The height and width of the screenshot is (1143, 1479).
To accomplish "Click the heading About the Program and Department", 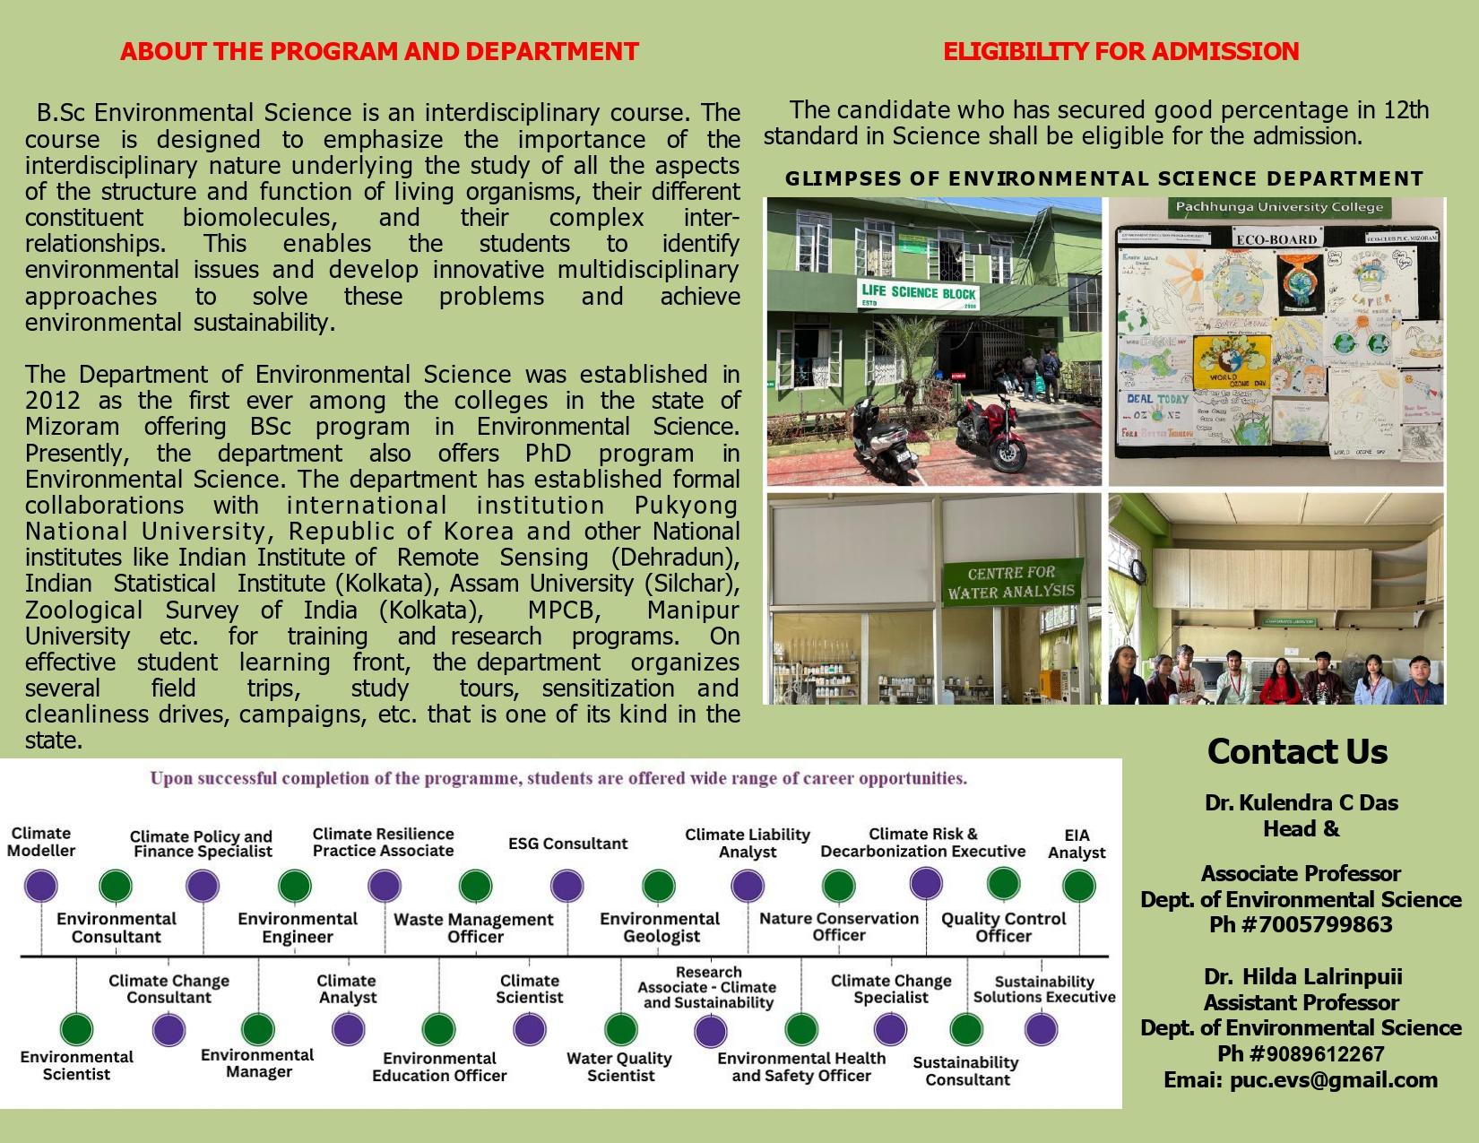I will (379, 51).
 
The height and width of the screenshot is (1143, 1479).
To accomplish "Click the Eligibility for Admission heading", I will (1120, 51).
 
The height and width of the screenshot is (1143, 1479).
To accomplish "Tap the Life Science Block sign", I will (918, 295).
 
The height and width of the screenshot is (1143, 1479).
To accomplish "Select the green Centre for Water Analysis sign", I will (1011, 582).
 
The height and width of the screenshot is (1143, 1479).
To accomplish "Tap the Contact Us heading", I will (1297, 751).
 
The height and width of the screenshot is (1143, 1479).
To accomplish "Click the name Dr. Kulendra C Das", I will (1302, 802).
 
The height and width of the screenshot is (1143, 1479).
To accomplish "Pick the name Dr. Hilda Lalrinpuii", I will (1302, 976).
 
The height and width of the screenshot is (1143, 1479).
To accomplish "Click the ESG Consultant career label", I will (567, 844).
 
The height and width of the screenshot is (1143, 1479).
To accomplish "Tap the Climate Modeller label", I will (41, 842).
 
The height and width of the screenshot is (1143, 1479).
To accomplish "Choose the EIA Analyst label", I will (1077, 844).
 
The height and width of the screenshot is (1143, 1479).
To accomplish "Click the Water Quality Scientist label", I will (619, 1066).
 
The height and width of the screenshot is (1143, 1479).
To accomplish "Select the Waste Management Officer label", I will (474, 928).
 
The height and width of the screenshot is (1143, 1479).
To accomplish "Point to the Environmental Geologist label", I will (660, 928).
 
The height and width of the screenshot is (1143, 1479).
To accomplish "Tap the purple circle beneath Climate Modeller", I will (40, 886).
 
